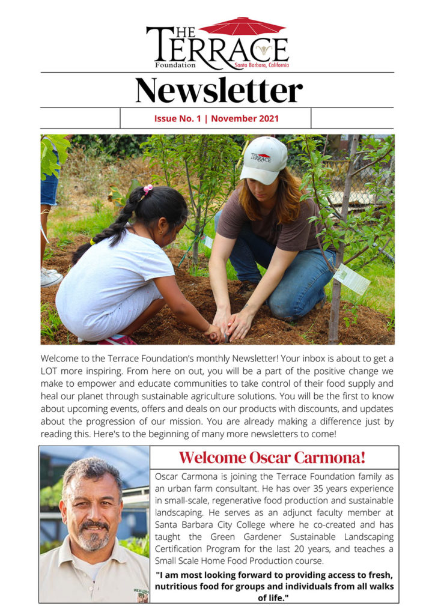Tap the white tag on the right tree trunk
(x=351, y=279)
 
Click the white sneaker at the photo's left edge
(x=50, y=277)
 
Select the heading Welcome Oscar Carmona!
(x=272, y=458)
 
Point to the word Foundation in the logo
(x=175, y=65)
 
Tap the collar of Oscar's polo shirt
(x=72, y=568)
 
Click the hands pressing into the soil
(x=231, y=327)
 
